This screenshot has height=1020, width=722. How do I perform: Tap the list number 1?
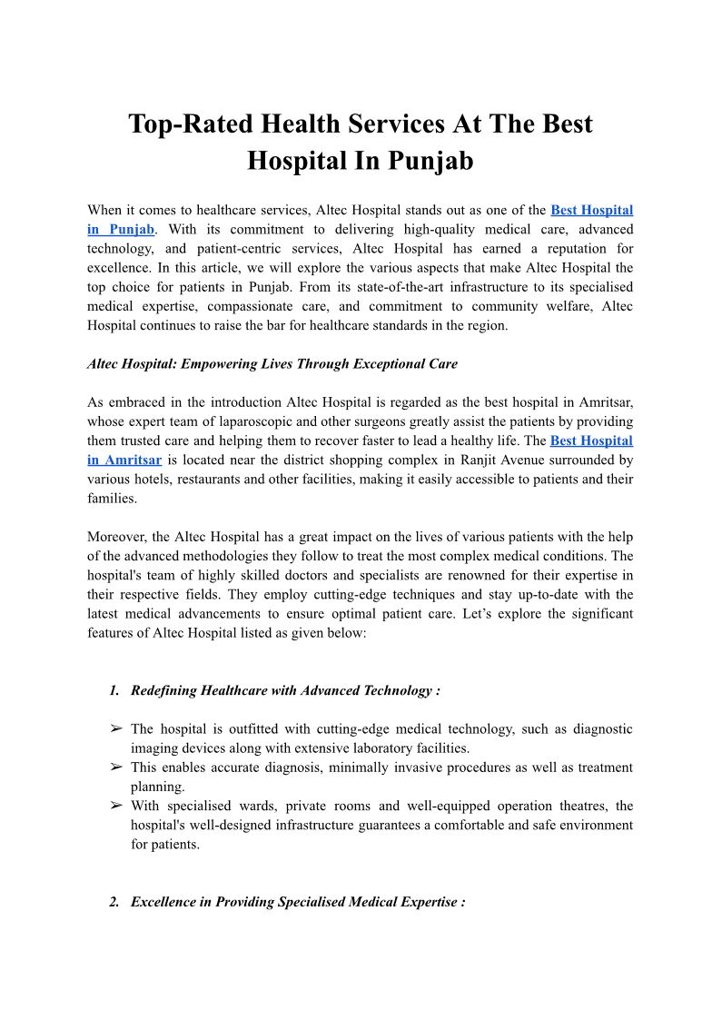coord(114,690)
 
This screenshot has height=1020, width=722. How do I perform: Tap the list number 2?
coord(114,902)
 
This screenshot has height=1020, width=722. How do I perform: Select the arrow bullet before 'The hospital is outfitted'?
coord(116,729)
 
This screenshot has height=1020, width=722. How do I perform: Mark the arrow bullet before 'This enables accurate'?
coord(116,767)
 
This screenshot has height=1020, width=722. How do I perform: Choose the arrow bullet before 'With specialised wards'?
coord(116,806)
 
